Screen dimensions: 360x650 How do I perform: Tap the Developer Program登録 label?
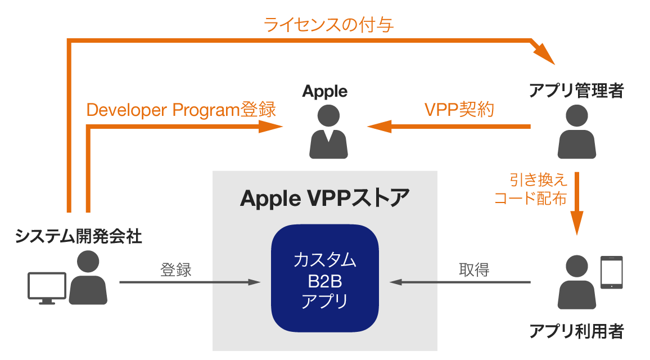(181, 110)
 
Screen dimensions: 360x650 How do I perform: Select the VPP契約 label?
(459, 110)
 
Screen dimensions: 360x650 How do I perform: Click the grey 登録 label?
(176, 270)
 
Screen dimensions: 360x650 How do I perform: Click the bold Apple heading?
(325, 91)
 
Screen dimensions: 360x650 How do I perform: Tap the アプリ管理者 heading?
(577, 91)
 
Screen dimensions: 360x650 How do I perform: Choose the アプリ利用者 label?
(577, 331)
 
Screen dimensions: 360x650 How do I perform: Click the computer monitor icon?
(47, 287)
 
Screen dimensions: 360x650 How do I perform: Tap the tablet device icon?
(612, 273)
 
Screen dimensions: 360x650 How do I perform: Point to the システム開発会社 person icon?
(88, 278)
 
